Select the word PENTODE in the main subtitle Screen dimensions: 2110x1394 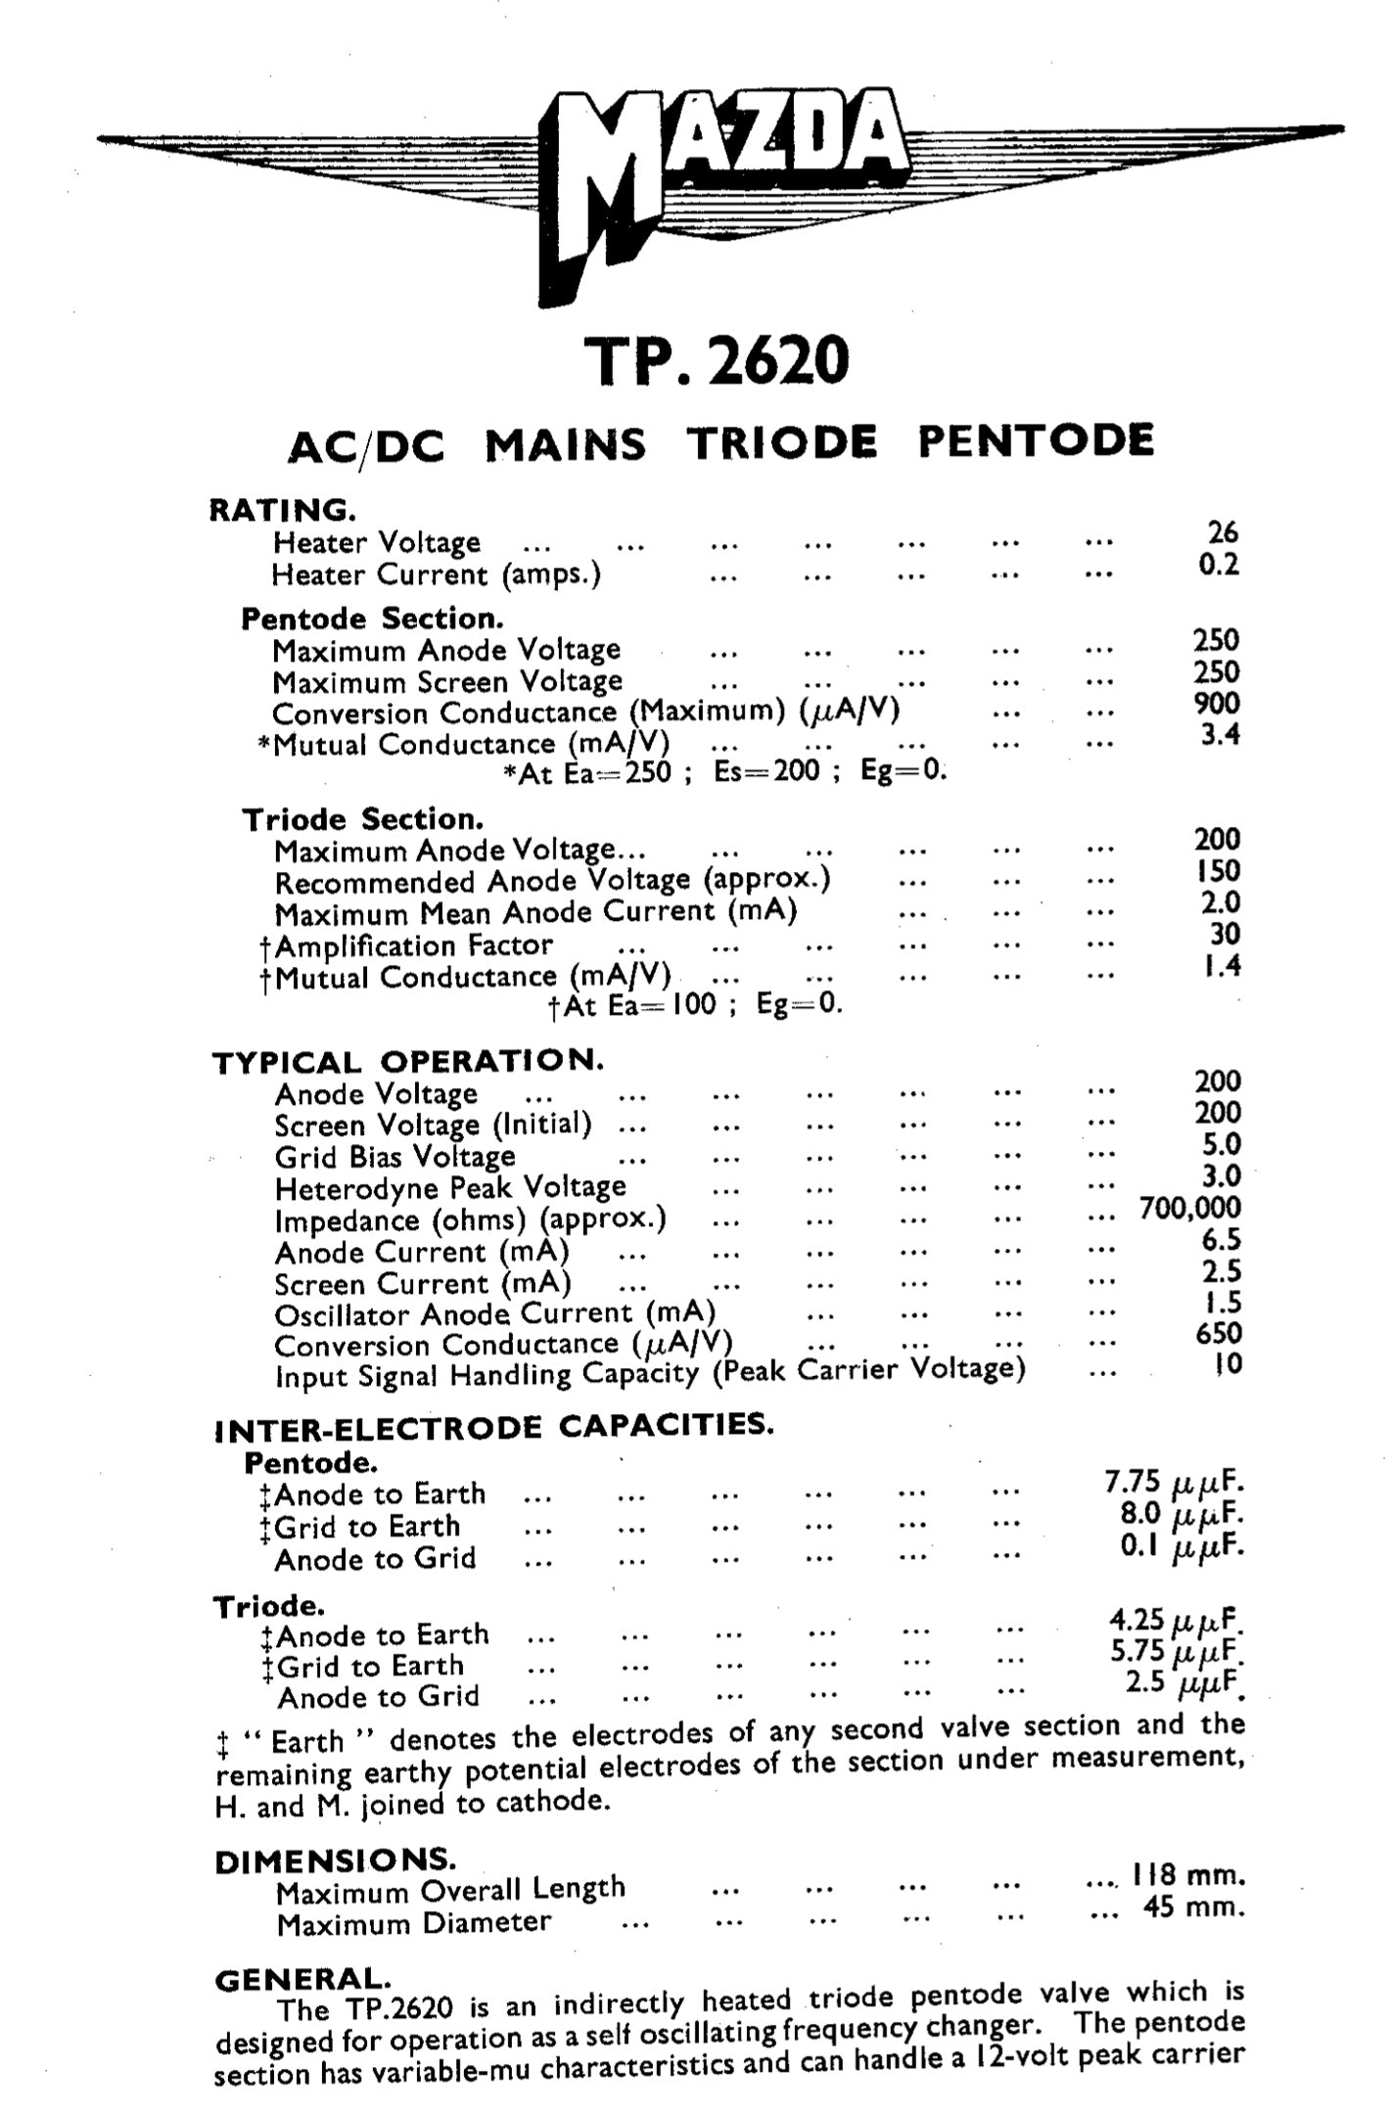click(1036, 441)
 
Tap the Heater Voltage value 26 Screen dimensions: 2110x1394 click(1223, 532)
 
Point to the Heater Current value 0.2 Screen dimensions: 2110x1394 click(1219, 565)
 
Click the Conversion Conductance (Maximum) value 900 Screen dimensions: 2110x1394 click(1217, 703)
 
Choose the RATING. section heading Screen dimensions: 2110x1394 click(282, 510)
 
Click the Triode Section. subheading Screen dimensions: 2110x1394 click(363, 818)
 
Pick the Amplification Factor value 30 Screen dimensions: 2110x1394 click(1225, 934)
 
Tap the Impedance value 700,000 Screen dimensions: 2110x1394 click(1189, 1208)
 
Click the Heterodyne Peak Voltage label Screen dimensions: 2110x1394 click(450, 1188)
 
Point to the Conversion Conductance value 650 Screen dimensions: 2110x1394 click(1218, 1333)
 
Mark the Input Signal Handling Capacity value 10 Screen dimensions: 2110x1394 click(1228, 1363)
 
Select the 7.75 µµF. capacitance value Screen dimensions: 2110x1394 click(1175, 1483)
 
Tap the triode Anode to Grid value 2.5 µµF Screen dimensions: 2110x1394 click(1185, 1683)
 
